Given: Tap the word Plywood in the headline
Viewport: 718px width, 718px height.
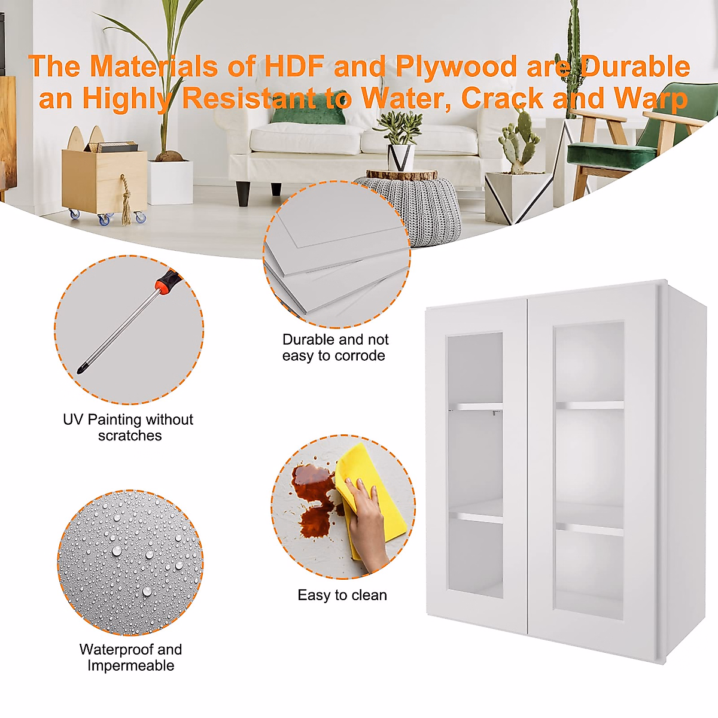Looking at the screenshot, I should click(456, 66).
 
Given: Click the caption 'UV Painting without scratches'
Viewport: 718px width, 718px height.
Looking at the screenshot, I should click(129, 427).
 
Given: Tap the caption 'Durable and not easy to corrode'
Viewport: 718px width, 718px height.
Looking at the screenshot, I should click(335, 348).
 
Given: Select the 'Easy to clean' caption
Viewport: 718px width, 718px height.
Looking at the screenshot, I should click(342, 595).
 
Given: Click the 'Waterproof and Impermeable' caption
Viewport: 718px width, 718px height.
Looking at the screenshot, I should click(130, 657).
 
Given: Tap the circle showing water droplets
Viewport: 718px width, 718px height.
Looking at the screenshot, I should click(130, 562).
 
